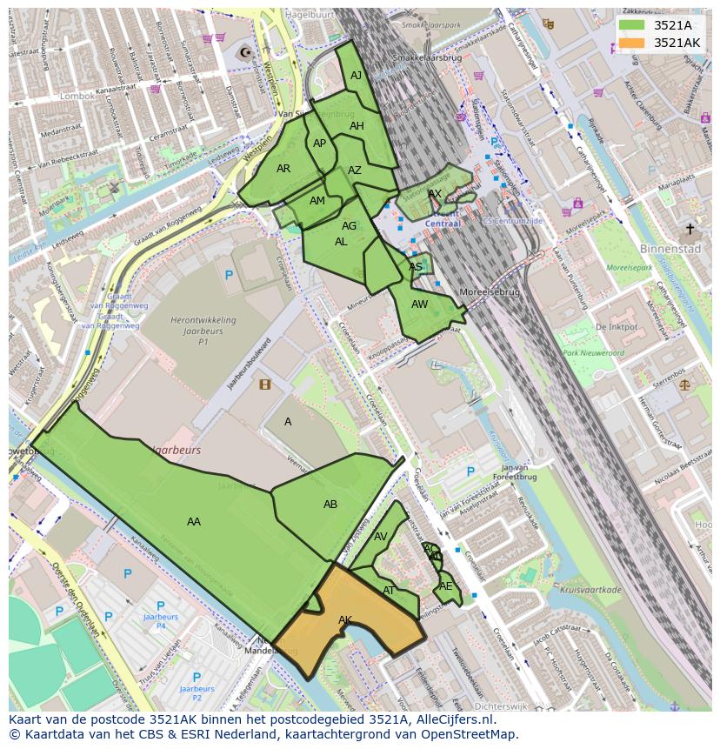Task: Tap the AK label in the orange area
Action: click(x=345, y=620)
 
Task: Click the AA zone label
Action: click(x=194, y=522)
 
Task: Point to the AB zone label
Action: click(x=330, y=505)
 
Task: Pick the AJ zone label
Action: click(x=357, y=76)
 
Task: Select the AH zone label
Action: click(x=357, y=126)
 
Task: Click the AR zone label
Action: click(x=283, y=169)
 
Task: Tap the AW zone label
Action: click(x=420, y=304)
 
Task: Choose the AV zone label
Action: click(x=380, y=537)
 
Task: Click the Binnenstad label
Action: click(x=670, y=248)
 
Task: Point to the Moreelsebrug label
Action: click(x=490, y=292)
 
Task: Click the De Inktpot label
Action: click(x=617, y=327)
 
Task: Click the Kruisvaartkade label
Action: click(x=591, y=590)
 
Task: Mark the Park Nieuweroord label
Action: click(x=593, y=353)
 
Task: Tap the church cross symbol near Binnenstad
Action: click(x=690, y=230)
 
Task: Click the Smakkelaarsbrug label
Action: click(x=427, y=57)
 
